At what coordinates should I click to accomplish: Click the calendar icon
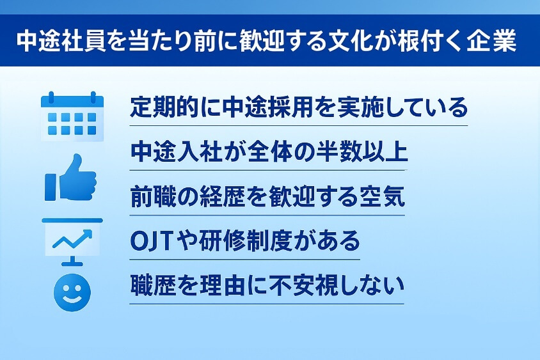[x=72, y=116]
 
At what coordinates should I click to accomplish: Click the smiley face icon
[x=72, y=293]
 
